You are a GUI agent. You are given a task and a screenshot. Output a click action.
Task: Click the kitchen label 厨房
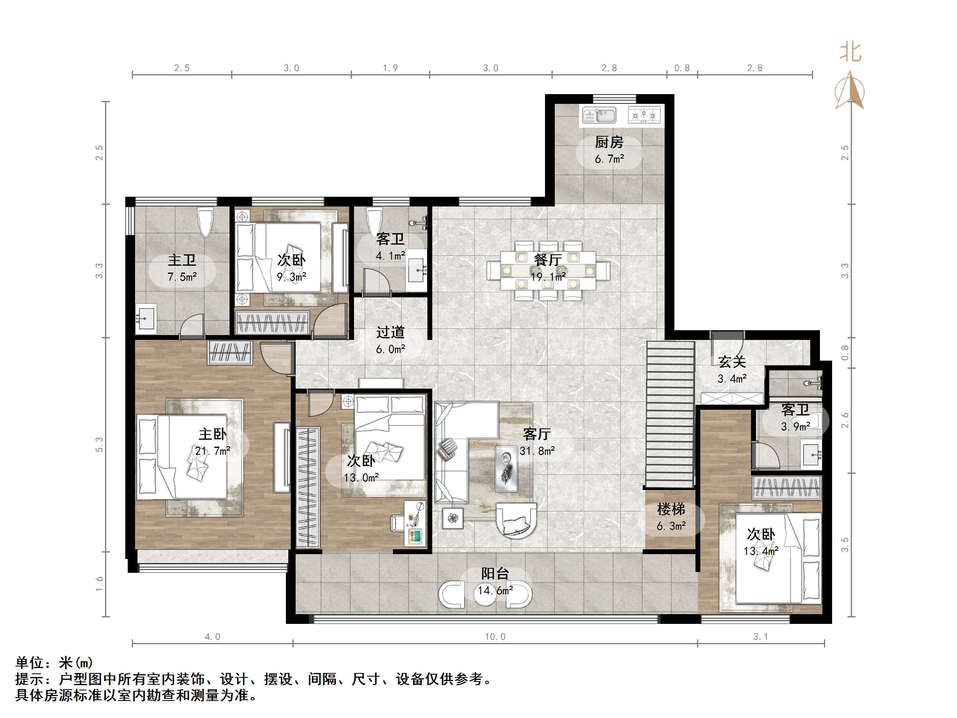(x=609, y=142)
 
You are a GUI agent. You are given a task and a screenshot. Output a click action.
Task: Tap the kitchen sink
(x=599, y=115)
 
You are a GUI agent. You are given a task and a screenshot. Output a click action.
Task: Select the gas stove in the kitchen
(x=644, y=115)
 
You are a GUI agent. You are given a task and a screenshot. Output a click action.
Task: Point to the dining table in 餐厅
(x=548, y=271)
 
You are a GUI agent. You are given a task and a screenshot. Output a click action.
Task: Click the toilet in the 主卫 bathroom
(x=205, y=222)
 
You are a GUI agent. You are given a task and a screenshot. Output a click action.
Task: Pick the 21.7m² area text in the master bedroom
(x=212, y=451)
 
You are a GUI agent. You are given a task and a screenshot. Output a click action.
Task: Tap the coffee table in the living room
(x=506, y=469)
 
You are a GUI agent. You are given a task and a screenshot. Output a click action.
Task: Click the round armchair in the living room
(x=516, y=520)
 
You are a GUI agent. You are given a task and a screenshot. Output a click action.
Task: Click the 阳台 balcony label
(x=495, y=574)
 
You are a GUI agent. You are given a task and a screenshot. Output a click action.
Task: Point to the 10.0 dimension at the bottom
(x=495, y=636)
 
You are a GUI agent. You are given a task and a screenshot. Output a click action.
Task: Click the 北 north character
(x=851, y=52)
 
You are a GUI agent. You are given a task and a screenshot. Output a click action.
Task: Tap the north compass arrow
(x=850, y=90)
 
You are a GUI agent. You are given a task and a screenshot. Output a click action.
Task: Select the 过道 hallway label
(x=390, y=332)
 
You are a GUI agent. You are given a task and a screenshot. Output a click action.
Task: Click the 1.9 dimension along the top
(x=390, y=68)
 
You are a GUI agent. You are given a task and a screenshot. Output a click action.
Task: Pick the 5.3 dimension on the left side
(x=99, y=445)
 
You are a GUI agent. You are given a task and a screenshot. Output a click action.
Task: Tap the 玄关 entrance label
(x=732, y=362)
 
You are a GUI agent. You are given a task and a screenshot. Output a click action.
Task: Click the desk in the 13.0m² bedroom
(x=415, y=523)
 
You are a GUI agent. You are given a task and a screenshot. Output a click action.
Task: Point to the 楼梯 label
(x=671, y=509)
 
